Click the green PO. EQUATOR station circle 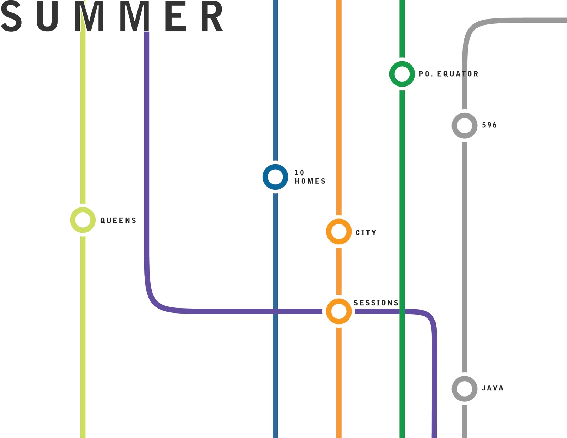point(402,74)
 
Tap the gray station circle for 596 point(464,126)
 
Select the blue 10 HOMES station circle point(275,177)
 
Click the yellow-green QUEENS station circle point(83,220)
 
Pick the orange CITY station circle point(339,232)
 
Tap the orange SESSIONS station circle point(339,311)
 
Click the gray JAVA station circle point(464,389)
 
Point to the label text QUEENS point(118,221)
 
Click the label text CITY point(366,233)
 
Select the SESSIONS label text point(376,303)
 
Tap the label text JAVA point(493,388)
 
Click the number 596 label point(489,125)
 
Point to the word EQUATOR point(457,74)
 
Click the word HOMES point(310,181)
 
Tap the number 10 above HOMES point(299,173)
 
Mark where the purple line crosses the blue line point(275,311)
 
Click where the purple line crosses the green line point(402,311)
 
